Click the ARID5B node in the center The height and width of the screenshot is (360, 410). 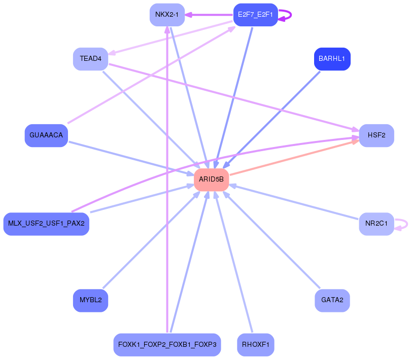[211, 179]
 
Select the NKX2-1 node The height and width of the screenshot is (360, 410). [166, 14]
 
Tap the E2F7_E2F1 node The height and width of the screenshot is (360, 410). [255, 14]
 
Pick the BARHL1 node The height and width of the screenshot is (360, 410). [332, 59]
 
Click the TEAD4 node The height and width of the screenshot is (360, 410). [90, 59]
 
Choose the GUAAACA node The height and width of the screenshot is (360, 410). [46, 135]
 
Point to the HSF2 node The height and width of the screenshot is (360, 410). [377, 135]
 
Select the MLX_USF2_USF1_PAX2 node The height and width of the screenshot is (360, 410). [46, 224]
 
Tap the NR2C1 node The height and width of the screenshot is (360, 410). [376, 224]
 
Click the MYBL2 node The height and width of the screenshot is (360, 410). [90, 300]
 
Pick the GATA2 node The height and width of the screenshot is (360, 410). [332, 300]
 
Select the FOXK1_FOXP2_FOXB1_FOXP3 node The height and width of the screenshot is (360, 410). [167, 345]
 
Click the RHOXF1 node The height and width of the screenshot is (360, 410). [255, 345]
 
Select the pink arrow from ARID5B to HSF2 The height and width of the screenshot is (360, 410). [294, 158]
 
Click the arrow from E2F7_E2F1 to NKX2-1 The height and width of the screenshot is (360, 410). [209, 15]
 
